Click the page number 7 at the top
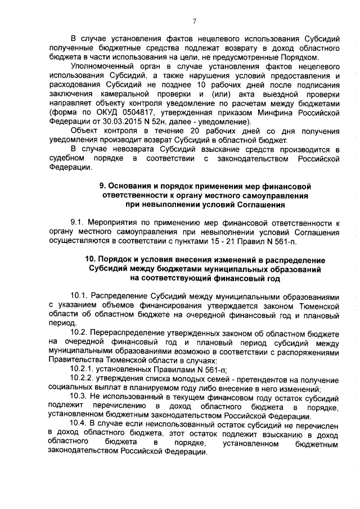pyautogui.click(x=194, y=21)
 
